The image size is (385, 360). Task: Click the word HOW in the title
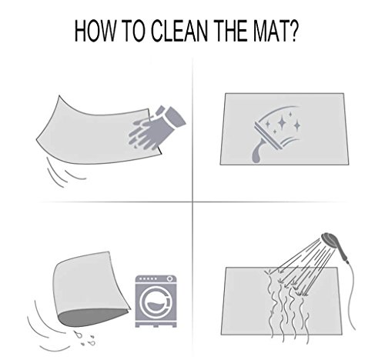pyautogui.click(x=95, y=31)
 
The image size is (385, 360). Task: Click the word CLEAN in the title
pyautogui.click(x=179, y=31)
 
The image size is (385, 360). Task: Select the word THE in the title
pyautogui.click(x=227, y=31)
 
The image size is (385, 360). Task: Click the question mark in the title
pyautogui.click(x=293, y=31)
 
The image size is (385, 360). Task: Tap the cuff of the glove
pyautogui.click(x=172, y=116)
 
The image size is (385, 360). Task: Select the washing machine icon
pyautogui.click(x=156, y=301)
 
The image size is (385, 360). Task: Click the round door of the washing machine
pyautogui.click(x=156, y=302)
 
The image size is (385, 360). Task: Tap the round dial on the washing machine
pyautogui.click(x=169, y=278)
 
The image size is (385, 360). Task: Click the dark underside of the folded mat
pyautogui.click(x=92, y=317)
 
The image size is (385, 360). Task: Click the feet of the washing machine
pyautogui.click(x=156, y=325)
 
